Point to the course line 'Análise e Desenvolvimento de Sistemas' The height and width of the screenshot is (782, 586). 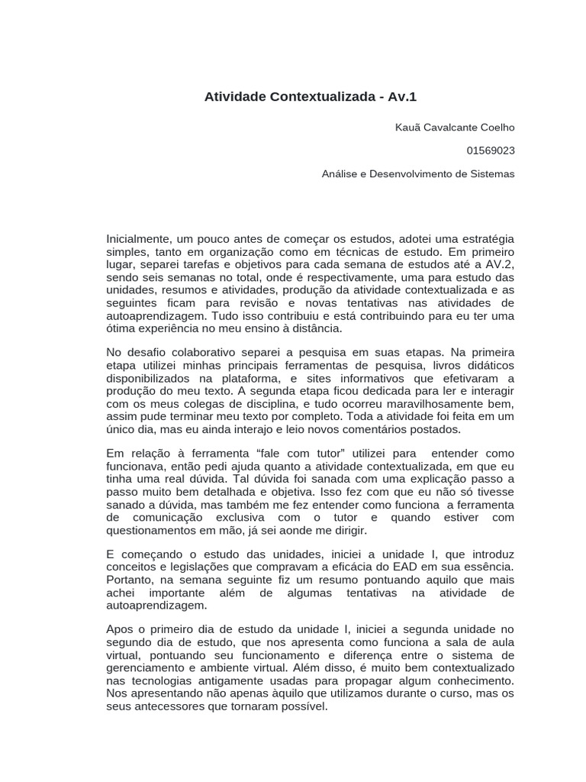click(x=418, y=174)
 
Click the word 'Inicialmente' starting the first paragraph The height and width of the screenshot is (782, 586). click(x=138, y=239)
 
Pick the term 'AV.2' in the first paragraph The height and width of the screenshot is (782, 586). click(x=501, y=264)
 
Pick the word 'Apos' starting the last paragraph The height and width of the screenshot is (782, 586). click(x=119, y=629)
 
